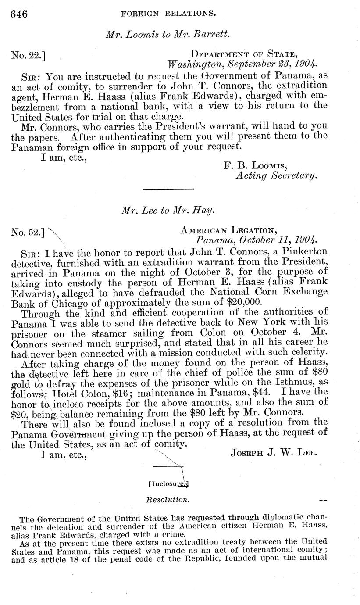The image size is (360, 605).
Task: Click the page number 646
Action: (x=19, y=14)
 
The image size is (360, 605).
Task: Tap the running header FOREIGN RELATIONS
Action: (x=168, y=14)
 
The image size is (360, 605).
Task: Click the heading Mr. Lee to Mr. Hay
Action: (x=168, y=210)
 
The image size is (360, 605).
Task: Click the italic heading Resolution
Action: (x=168, y=499)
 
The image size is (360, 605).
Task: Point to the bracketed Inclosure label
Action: (x=168, y=484)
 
